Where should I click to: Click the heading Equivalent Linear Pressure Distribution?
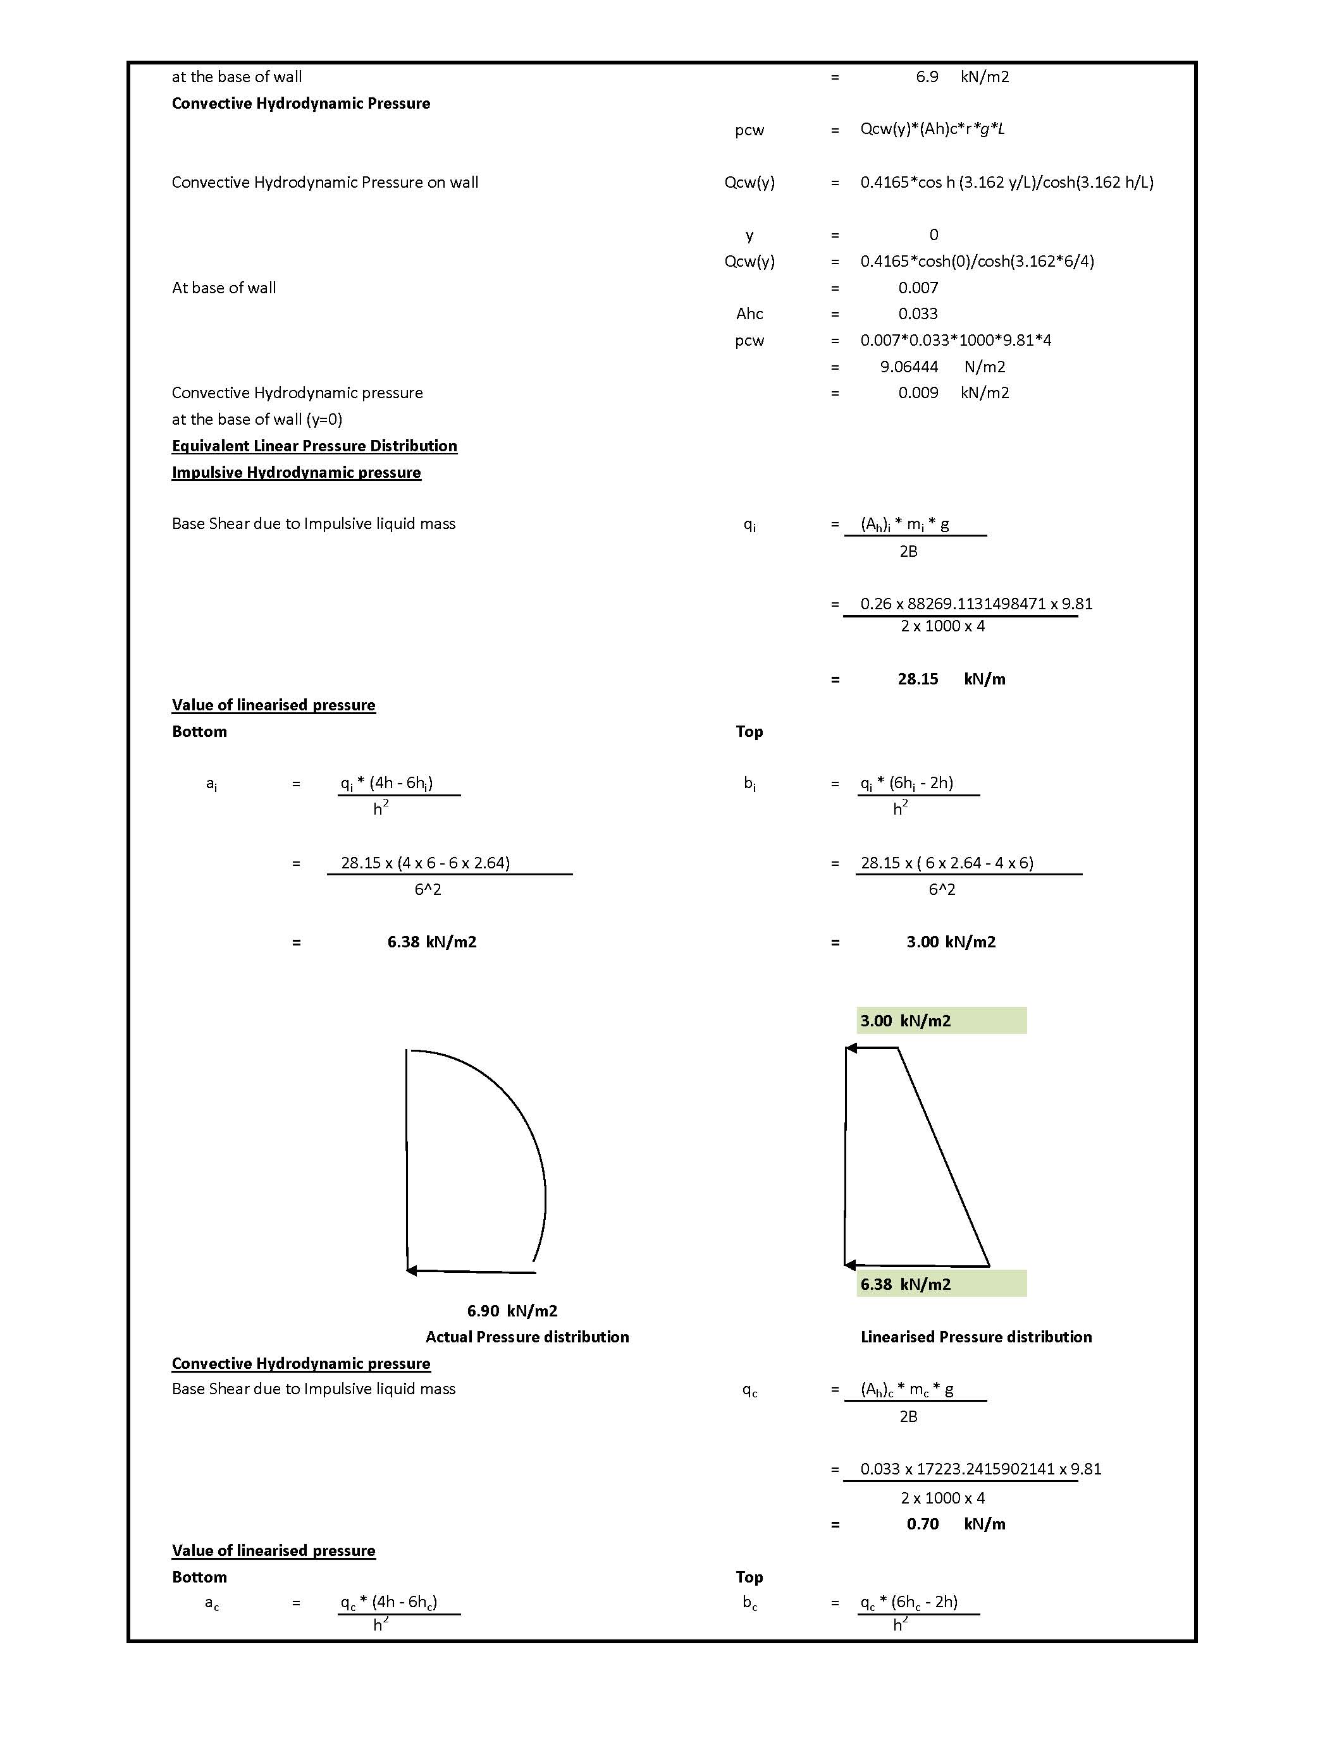[314, 446]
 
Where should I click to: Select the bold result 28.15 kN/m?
[951, 679]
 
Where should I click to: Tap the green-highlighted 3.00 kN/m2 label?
[905, 1021]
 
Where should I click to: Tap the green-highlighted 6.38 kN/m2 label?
[905, 1284]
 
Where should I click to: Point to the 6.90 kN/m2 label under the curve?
[512, 1311]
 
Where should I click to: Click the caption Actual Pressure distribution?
[527, 1337]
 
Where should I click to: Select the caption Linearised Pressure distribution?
[976, 1337]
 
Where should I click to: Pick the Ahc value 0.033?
[918, 313]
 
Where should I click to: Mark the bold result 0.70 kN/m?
[956, 1524]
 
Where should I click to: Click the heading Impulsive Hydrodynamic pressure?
[296, 473]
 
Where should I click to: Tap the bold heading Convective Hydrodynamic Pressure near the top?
[301, 104]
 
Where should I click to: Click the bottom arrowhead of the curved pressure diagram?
[412, 1271]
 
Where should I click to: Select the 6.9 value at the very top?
[927, 77]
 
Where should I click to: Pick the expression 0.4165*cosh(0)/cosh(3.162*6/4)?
[977, 261]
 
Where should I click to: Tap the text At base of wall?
[224, 288]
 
